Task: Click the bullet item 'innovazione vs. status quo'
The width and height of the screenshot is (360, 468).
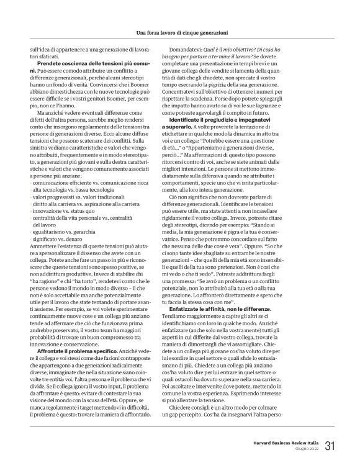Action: coord(67,210)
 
